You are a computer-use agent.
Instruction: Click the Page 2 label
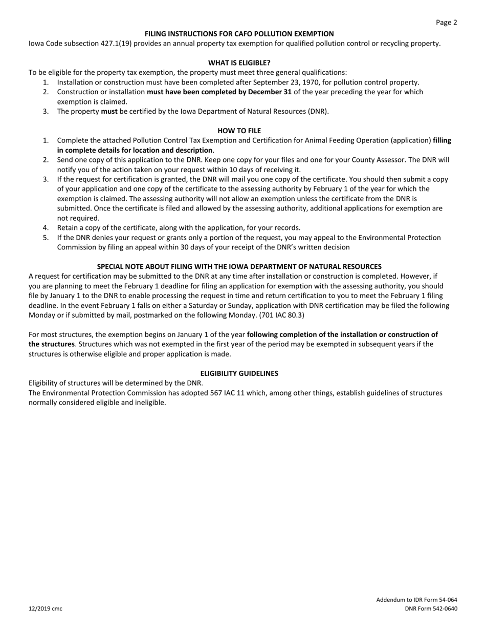(x=446, y=23)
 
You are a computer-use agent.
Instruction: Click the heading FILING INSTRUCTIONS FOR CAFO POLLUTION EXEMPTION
(x=239, y=33)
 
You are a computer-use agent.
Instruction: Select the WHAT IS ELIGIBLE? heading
(x=239, y=62)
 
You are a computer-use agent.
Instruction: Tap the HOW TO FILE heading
(x=239, y=131)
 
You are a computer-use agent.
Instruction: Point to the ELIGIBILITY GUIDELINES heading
(x=239, y=373)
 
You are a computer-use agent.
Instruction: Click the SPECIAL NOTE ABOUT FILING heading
(x=239, y=267)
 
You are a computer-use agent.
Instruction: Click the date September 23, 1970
(x=288, y=82)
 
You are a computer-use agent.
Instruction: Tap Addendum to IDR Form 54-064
(x=416, y=599)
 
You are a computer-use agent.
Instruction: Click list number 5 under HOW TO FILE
(x=46, y=238)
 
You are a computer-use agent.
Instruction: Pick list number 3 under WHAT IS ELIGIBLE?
(x=46, y=111)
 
